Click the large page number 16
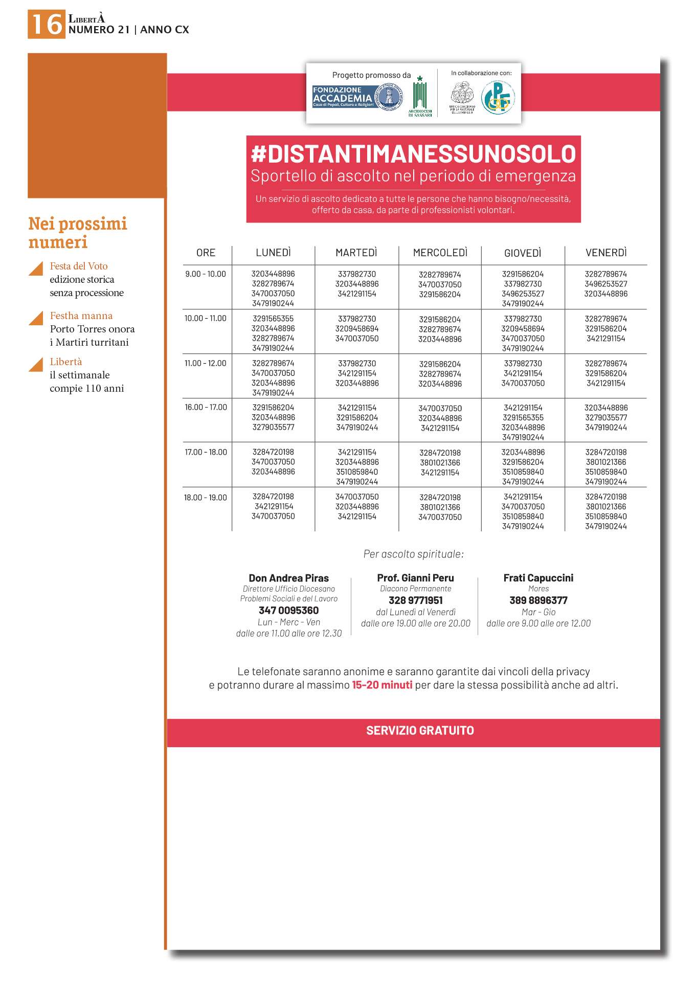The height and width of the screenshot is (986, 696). click(x=47, y=24)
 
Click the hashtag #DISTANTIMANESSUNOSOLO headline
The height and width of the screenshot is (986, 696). click(x=413, y=154)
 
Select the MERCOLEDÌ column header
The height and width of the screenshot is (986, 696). click(x=440, y=253)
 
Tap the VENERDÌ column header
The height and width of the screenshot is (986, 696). click(x=606, y=253)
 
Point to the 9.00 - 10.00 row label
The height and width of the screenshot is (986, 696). click(x=206, y=274)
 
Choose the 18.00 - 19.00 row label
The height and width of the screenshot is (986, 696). click(x=206, y=498)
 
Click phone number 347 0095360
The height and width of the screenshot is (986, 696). click(x=288, y=610)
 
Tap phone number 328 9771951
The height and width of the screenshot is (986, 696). click(x=415, y=600)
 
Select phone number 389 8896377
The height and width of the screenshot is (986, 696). click(x=538, y=600)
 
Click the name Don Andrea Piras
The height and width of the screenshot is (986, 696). click(x=288, y=578)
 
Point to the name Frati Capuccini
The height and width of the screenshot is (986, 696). click(x=538, y=578)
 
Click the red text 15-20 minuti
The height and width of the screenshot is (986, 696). click(x=382, y=685)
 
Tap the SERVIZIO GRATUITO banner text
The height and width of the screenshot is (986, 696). click(x=420, y=730)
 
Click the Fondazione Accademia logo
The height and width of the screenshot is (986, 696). click(x=357, y=97)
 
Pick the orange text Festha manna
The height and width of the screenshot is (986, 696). click(x=81, y=316)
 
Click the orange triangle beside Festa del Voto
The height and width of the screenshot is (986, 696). click(x=37, y=268)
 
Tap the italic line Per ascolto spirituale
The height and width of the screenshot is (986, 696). click(x=413, y=554)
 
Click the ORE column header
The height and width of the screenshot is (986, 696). click(x=206, y=253)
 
